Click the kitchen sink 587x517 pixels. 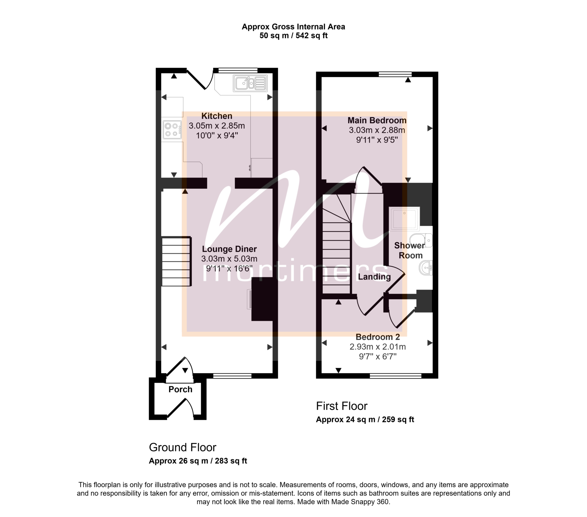click(x=250, y=83)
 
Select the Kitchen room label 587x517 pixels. click(x=217, y=116)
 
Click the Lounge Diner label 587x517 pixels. click(x=229, y=249)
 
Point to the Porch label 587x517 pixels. click(x=180, y=389)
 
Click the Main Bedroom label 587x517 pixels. click(x=377, y=120)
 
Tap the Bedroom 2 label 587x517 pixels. click(x=378, y=337)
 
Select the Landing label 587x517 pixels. click(x=374, y=277)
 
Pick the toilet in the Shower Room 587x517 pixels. click(x=421, y=240)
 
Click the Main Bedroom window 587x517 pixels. click(x=395, y=74)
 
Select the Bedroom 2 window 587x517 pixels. click(x=396, y=376)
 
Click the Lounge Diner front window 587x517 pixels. click(x=232, y=376)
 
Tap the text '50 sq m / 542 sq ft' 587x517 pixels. click(x=293, y=36)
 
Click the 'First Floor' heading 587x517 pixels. click(x=342, y=406)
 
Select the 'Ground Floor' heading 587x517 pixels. click(x=183, y=447)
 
